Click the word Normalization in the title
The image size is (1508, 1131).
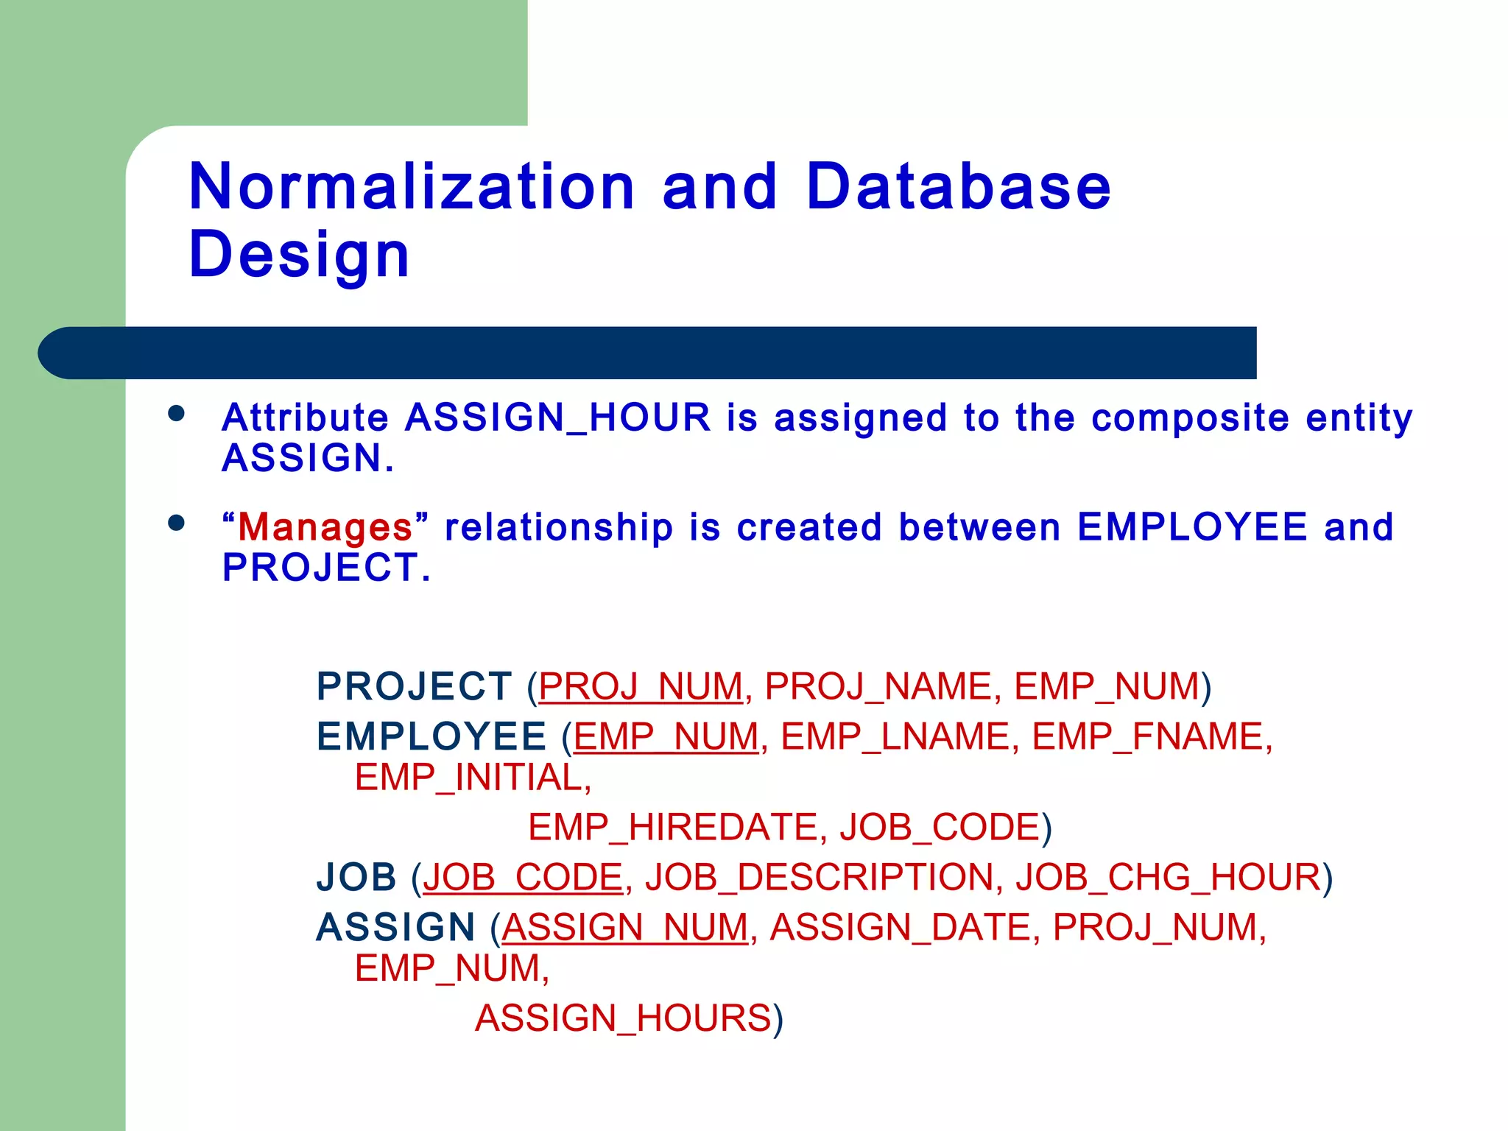click(x=411, y=186)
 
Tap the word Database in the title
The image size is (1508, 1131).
click(x=957, y=186)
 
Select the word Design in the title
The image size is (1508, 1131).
click(x=298, y=254)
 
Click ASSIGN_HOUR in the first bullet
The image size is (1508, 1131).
click(x=558, y=417)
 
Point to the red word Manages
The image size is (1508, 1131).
click(x=325, y=527)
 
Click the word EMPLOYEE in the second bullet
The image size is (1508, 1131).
click(x=1192, y=527)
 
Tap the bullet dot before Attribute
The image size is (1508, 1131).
click(x=176, y=413)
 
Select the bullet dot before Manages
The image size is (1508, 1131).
click(x=176, y=523)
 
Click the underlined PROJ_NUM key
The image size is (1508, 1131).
click(x=641, y=686)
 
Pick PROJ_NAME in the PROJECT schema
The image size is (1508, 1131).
click(x=878, y=686)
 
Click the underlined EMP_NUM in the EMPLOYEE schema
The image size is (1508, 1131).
click(x=666, y=736)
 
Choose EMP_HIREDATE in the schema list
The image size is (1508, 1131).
click(x=672, y=827)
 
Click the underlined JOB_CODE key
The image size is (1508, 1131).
click(x=523, y=877)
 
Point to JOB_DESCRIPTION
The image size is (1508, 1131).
click(x=819, y=877)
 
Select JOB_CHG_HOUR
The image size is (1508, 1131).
click(x=1168, y=877)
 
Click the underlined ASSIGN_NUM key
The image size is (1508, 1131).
click(x=624, y=927)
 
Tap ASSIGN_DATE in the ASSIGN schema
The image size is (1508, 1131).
click(x=900, y=927)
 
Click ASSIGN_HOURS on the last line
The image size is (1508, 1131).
click(x=623, y=1018)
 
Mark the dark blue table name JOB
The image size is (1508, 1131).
click(x=356, y=877)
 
